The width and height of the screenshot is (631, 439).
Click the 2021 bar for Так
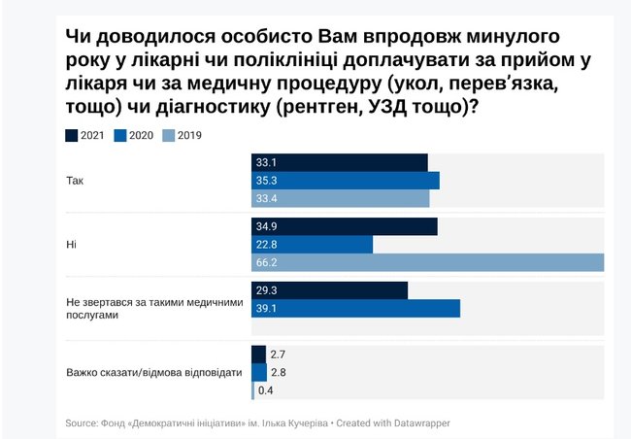(339, 162)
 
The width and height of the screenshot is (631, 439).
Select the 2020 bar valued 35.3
(345, 181)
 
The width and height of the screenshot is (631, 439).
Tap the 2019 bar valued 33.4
(340, 199)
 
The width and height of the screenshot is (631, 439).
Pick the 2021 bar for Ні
(344, 226)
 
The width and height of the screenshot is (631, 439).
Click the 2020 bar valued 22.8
(312, 245)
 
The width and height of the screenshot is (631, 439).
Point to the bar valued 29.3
(329, 290)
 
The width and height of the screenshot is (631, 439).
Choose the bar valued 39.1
(355, 309)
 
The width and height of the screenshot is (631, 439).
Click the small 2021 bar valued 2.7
(258, 355)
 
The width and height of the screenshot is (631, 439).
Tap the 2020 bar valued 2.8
(258, 372)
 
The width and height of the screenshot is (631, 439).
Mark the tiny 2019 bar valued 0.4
(253, 390)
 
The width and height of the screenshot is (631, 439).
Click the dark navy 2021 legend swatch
(72, 135)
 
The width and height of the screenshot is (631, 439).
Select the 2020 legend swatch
(121, 135)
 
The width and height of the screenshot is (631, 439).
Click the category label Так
(75, 181)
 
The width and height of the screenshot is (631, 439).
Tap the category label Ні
(71, 245)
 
